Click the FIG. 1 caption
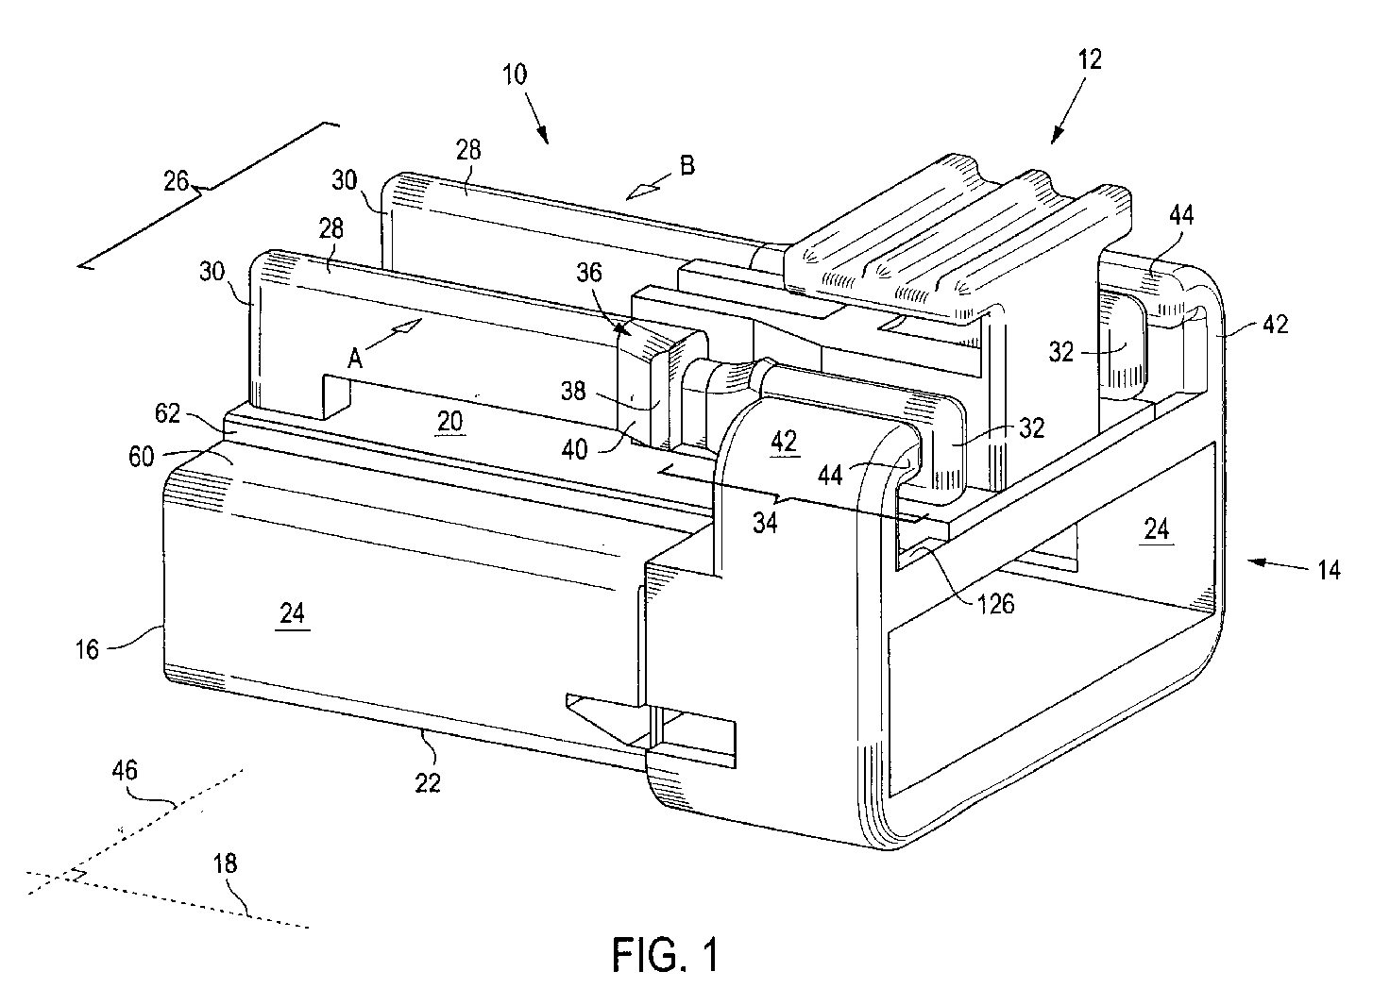pos(666,955)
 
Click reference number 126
pos(995,603)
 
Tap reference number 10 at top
pos(515,75)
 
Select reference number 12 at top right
pos(1090,59)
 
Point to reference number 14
pos(1330,570)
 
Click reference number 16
pos(88,650)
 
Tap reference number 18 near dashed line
pos(226,863)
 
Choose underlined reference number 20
pos(449,422)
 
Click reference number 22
pos(428,783)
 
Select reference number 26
pos(177,181)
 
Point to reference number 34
pos(765,524)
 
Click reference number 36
pos(589,273)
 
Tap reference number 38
pos(573,392)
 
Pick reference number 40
pos(574,450)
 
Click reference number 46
pos(124,771)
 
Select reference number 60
pos(141,457)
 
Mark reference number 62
pos(167,413)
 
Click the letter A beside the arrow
pos(354,358)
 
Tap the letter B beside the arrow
pos(687,165)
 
